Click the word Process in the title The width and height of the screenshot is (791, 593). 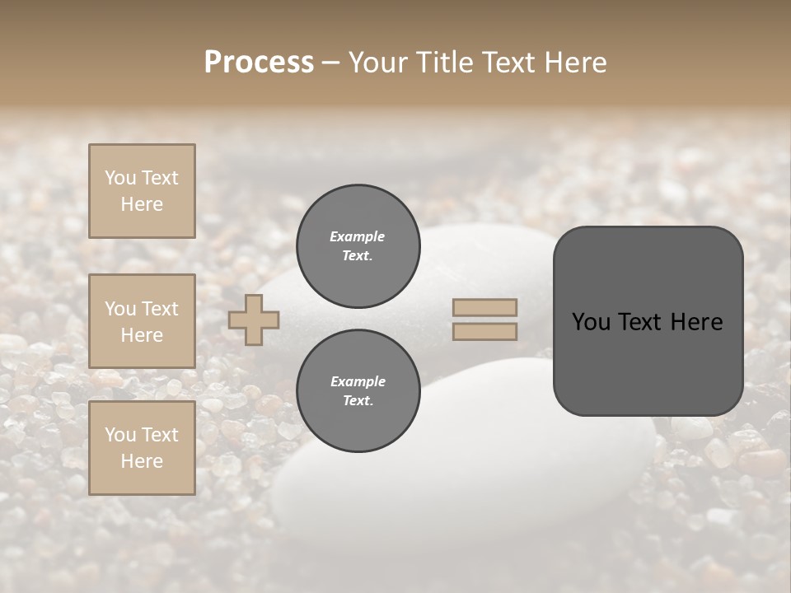click(x=259, y=63)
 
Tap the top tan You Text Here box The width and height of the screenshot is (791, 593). click(x=142, y=191)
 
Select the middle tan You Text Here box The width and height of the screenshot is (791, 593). click(x=142, y=321)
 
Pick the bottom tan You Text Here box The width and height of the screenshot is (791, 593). click(x=142, y=448)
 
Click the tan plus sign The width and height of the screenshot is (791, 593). click(x=254, y=320)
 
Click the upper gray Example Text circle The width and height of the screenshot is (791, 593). click(x=358, y=246)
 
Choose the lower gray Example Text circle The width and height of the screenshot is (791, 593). click(x=358, y=391)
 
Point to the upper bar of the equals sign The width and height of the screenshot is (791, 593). click(x=484, y=307)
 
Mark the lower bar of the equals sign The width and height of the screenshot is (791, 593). click(x=484, y=331)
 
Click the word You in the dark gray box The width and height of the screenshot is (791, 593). click(x=592, y=322)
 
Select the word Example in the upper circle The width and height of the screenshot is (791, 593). click(x=358, y=236)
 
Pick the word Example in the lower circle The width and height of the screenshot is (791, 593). click(x=358, y=381)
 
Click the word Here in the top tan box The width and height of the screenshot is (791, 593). click(x=142, y=204)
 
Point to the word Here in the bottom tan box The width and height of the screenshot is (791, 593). click(x=142, y=461)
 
